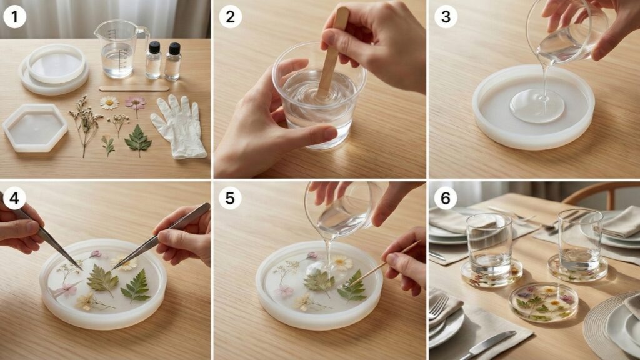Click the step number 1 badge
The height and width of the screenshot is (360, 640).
click(15, 17)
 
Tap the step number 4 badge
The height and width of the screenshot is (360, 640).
click(15, 198)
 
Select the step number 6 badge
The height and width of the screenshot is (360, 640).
click(446, 198)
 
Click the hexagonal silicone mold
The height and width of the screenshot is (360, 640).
click(35, 127)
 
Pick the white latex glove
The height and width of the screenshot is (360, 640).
click(179, 126)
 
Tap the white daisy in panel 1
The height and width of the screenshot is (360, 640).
click(109, 103)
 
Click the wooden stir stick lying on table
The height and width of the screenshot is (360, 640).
click(134, 87)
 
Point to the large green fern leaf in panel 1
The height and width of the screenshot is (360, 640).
click(138, 140)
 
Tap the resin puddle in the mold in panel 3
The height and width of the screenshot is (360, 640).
click(537, 106)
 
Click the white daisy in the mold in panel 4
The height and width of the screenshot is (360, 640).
click(124, 263)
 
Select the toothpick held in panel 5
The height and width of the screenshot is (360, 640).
click(382, 265)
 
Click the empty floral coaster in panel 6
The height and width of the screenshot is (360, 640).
click(543, 302)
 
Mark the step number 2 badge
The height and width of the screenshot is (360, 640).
click(230, 17)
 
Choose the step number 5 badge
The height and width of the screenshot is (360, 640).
click(230, 198)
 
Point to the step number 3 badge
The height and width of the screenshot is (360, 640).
click(446, 17)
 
